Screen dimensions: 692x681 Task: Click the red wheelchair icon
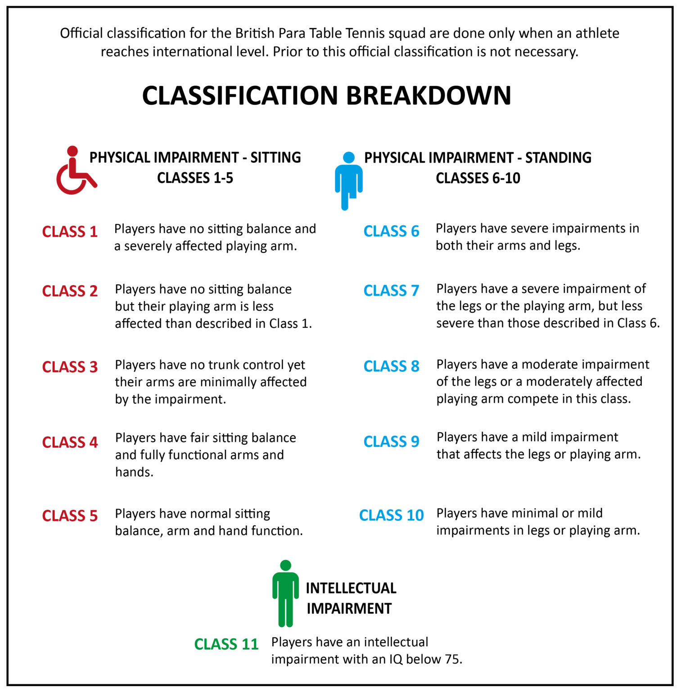tap(74, 171)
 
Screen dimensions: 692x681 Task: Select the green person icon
tap(285, 594)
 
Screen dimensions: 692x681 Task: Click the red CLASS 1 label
tap(70, 232)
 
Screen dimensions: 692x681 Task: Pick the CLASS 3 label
tap(70, 367)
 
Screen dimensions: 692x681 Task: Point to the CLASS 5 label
tap(70, 515)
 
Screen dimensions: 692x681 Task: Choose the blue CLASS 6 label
tap(391, 231)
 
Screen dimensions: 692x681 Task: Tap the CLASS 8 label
tap(391, 366)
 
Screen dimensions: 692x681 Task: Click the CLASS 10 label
tap(391, 515)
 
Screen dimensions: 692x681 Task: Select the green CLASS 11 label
tap(226, 644)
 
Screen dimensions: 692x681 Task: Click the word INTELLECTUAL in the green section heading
tap(351, 588)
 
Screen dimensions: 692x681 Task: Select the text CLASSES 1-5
tap(195, 178)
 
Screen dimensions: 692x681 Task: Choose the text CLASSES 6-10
tap(478, 178)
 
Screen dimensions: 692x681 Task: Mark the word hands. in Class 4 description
tap(134, 472)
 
